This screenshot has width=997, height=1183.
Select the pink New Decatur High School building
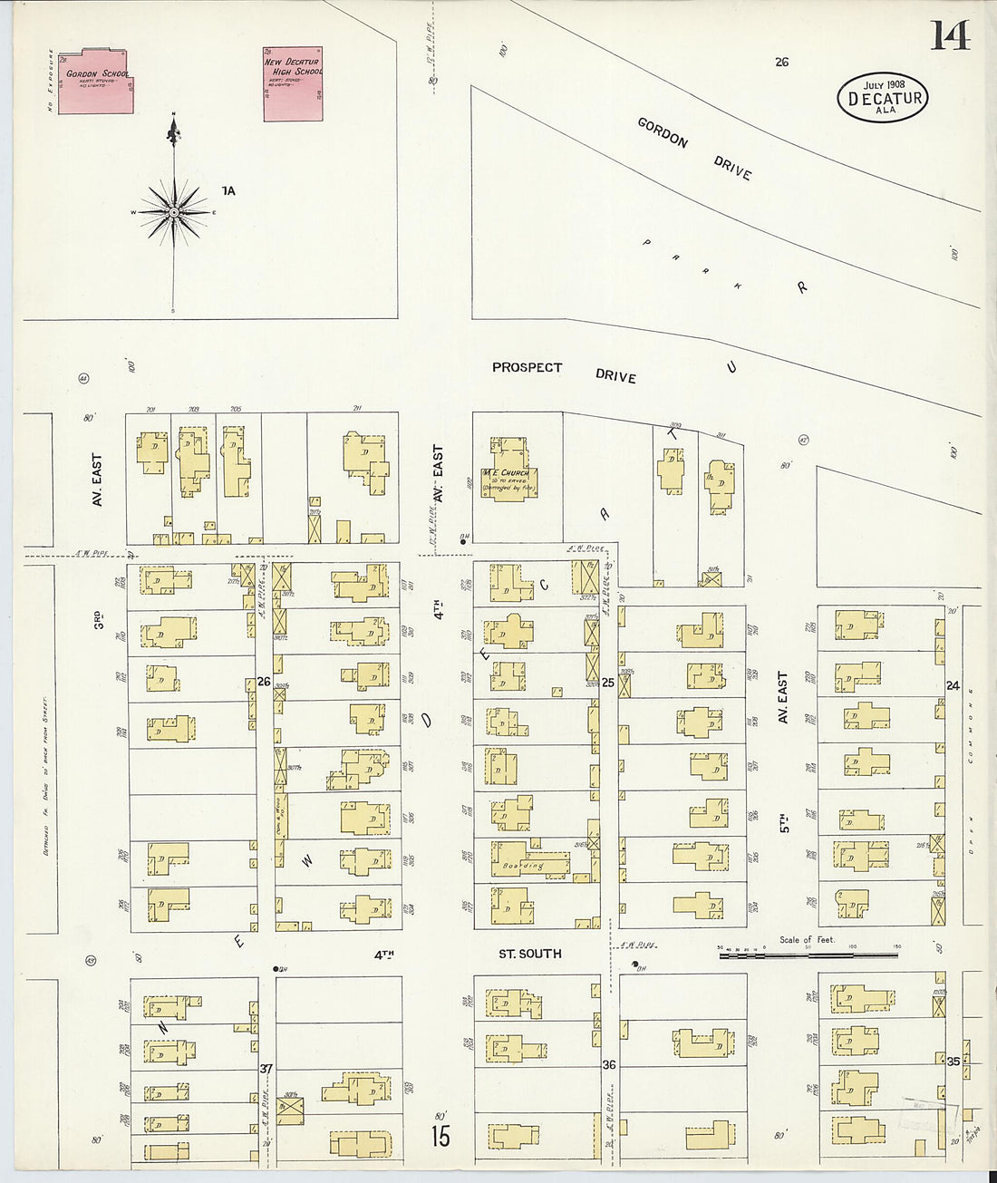tap(293, 84)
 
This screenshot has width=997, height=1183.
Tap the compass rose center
tap(173, 212)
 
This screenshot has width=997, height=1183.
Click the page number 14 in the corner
tap(948, 36)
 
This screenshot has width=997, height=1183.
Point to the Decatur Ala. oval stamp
tap(882, 98)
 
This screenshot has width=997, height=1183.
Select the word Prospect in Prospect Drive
tap(527, 367)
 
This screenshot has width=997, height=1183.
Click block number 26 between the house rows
tap(264, 681)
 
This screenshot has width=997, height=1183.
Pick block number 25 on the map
tap(608, 683)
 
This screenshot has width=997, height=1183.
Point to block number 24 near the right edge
tap(953, 686)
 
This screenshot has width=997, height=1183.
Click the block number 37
tap(266, 1069)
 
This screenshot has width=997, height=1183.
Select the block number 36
tap(609, 1064)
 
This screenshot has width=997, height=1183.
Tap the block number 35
tap(953, 1061)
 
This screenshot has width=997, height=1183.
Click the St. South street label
tap(530, 954)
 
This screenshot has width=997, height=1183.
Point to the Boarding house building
tap(530, 862)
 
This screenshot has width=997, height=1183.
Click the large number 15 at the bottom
tap(440, 1136)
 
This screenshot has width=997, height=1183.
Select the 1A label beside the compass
tap(227, 190)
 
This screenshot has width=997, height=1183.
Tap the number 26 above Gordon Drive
tap(781, 62)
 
